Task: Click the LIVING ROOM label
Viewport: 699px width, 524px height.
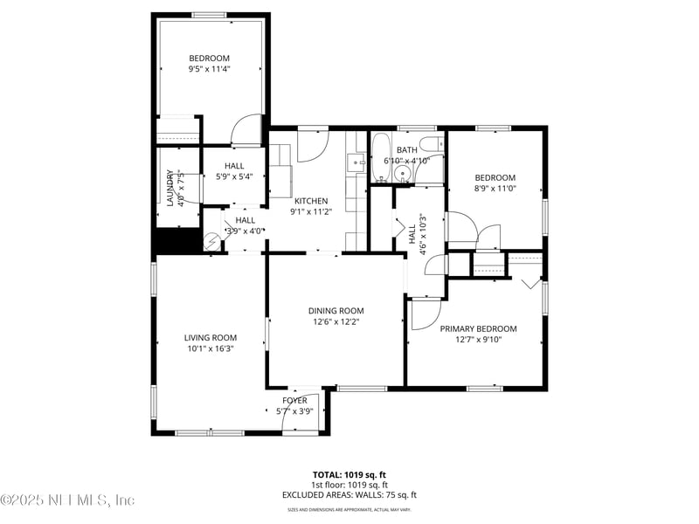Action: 210,337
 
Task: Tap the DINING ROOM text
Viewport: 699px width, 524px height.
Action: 336,310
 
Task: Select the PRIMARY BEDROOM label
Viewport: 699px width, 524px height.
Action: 478,328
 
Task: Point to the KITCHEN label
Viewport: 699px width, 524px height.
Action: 310,201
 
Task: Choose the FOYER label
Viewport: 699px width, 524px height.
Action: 294,400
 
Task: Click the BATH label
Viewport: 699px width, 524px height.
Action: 406,150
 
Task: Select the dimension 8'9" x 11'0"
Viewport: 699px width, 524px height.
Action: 495,188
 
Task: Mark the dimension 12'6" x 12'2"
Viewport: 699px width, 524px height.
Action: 336,321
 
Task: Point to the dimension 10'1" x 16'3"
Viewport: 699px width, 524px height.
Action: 210,348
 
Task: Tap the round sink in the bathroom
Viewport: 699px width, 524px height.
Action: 402,174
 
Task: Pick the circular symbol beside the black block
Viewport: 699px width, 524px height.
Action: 211,242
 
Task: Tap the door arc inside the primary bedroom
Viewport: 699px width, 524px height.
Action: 426,314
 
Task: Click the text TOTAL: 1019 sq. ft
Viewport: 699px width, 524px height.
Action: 349,475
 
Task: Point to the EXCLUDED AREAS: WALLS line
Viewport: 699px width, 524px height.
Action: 349,494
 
